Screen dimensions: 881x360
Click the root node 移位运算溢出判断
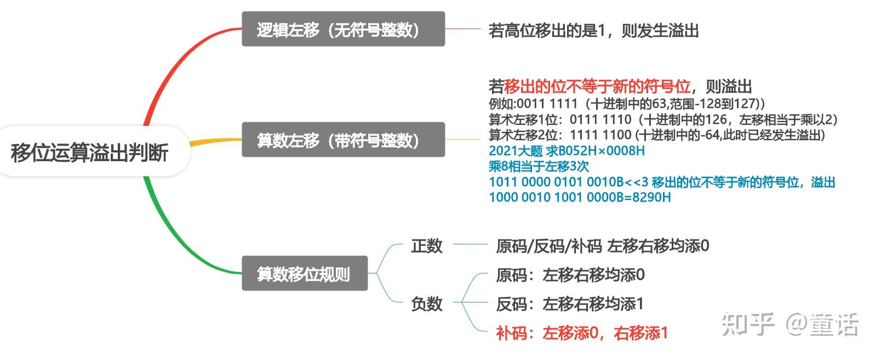[x=89, y=152]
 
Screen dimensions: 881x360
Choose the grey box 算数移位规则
[x=304, y=273]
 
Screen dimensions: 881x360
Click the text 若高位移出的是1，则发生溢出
[x=593, y=31]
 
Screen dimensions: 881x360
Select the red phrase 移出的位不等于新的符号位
[x=597, y=87]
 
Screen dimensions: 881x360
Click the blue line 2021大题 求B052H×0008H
[x=567, y=151]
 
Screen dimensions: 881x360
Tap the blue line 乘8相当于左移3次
[x=539, y=166]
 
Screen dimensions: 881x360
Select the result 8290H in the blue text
[x=651, y=197]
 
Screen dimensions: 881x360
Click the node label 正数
[x=426, y=245]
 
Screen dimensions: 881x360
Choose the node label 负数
[x=426, y=303]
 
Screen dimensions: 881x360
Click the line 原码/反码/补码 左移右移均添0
[x=602, y=246]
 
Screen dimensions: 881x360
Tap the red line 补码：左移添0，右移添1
[x=582, y=333]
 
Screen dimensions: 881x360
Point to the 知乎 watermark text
[x=747, y=324]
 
